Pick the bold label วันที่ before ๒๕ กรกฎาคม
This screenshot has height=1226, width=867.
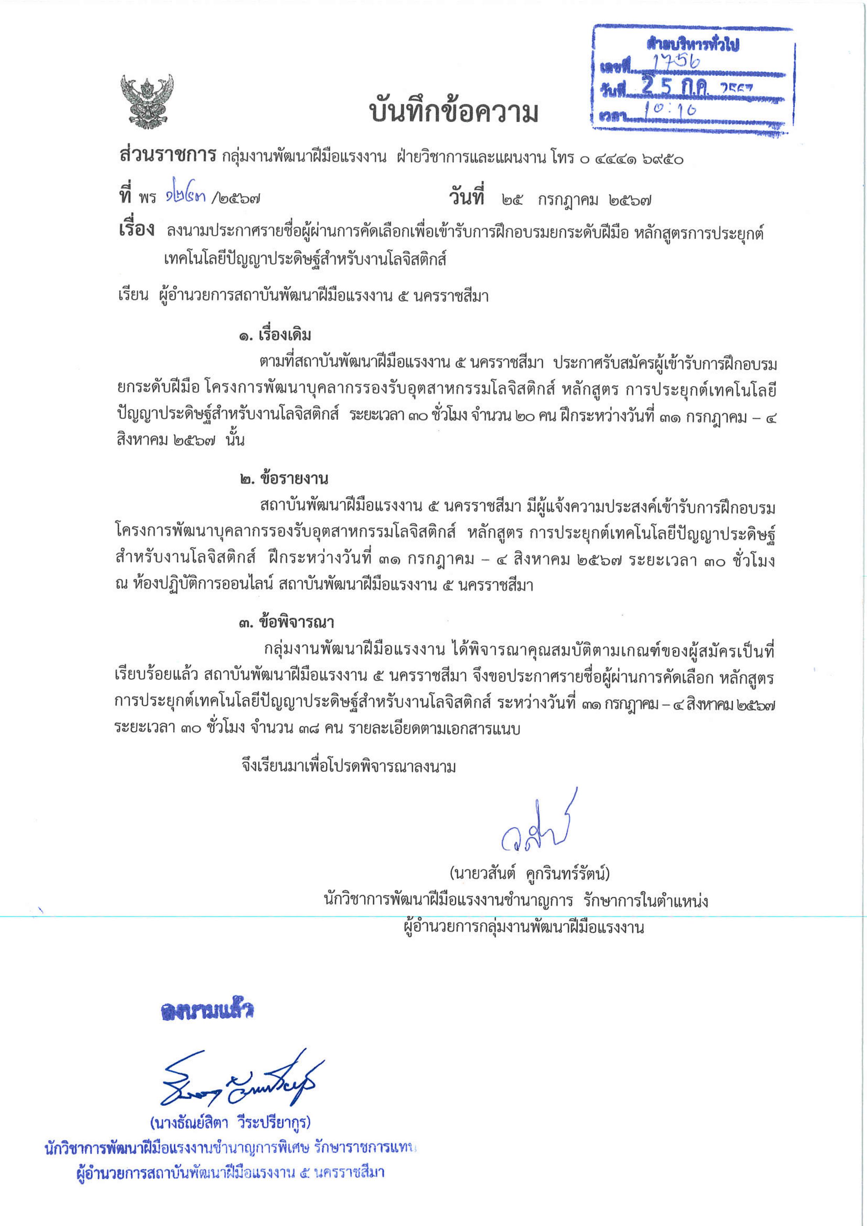466,198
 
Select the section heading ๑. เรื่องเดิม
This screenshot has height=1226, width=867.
275,335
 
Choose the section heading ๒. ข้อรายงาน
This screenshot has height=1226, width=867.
284,478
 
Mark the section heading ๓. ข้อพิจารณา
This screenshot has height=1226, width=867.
286,622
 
